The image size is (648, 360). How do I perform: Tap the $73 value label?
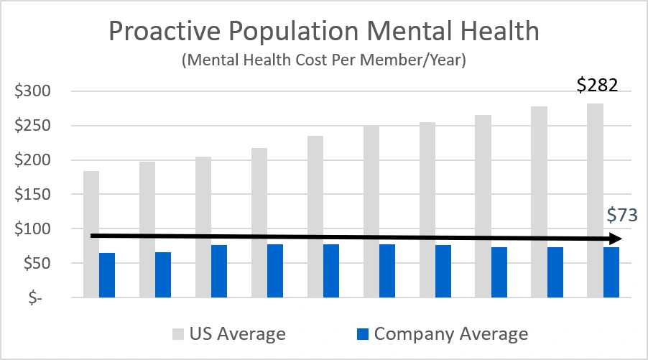point(621,215)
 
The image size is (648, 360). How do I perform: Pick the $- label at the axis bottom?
point(31,297)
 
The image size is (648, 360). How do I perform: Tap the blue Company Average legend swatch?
point(362,334)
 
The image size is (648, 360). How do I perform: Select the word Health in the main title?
point(496,32)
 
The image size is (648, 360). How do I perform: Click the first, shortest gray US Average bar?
point(91,234)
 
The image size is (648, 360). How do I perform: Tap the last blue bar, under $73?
point(611,272)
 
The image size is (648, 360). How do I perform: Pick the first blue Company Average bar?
point(107,275)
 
